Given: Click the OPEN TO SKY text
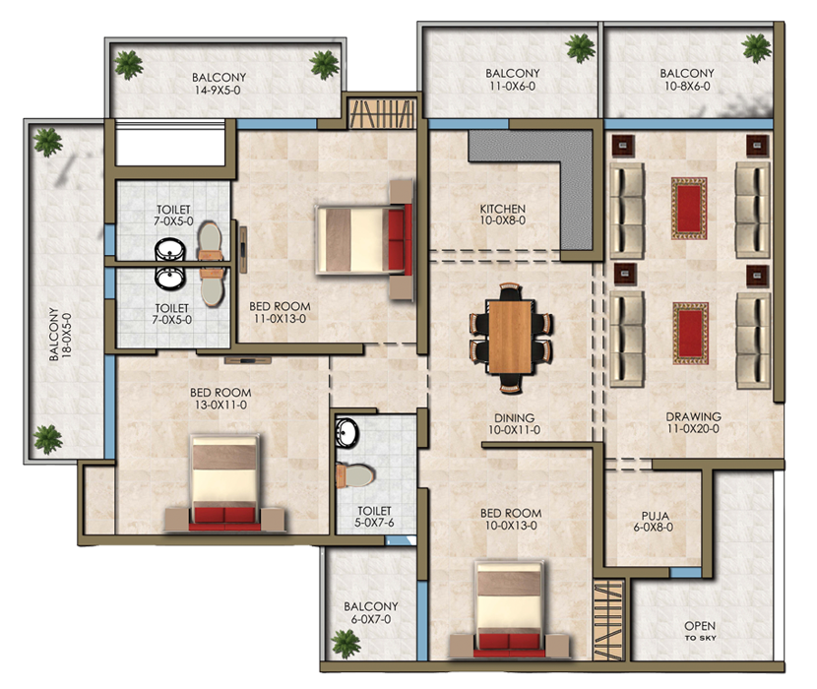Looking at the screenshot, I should pos(700,631).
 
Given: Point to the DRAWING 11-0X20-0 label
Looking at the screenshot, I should pos(693,422).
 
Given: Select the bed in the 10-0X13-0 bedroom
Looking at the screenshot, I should pos(510,608).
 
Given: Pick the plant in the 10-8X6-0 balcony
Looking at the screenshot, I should pos(756,45).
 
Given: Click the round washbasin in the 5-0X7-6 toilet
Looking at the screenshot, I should pos(346,432).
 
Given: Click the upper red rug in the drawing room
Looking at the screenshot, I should pos(689,208).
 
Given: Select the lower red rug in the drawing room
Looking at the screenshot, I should pos(689,332).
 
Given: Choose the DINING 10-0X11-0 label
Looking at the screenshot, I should pos(514,422).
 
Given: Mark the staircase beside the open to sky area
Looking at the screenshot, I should pos(609,621).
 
